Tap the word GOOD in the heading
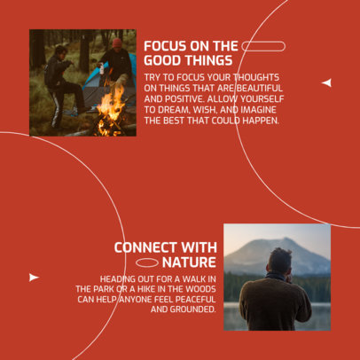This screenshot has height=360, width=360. click(x=164, y=61)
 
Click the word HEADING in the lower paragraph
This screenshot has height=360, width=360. click(x=121, y=278)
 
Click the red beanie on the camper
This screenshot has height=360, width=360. click(x=117, y=43)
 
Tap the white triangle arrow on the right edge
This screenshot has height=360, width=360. click(x=326, y=82)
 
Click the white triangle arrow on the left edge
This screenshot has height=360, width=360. click(x=34, y=278)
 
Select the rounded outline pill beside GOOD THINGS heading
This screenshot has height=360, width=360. click(x=263, y=46)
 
